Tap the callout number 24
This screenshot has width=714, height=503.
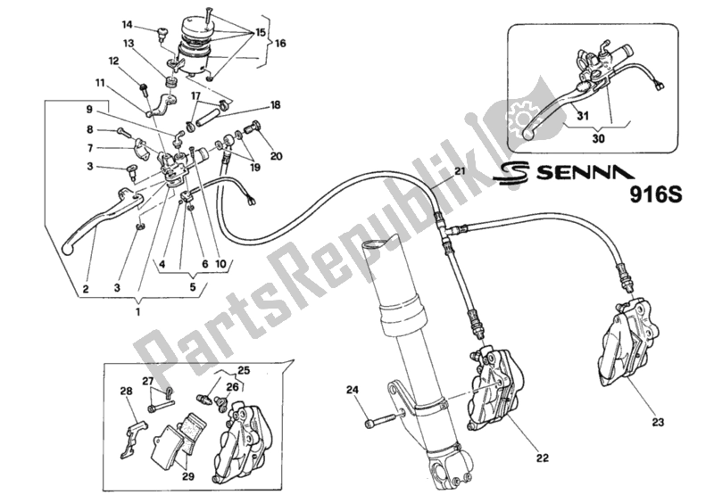pyautogui.click(x=353, y=389)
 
